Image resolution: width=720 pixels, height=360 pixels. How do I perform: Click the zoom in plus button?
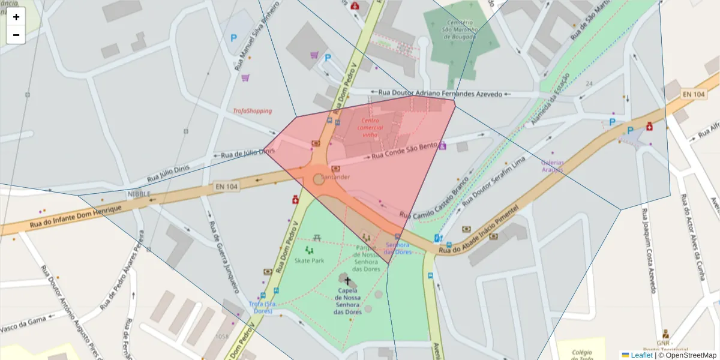click(16, 17)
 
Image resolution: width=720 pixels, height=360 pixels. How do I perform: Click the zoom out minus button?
click(16, 35)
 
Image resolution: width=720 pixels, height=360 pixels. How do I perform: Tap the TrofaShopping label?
click(252, 111)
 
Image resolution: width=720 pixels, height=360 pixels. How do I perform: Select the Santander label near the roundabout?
click(335, 178)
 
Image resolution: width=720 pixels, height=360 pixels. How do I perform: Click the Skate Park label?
click(309, 260)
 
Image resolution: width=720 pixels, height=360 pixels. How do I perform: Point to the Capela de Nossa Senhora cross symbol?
click(347, 281)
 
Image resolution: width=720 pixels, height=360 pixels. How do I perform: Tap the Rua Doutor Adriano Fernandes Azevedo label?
click(440, 94)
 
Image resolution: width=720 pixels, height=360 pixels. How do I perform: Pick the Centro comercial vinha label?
click(370, 127)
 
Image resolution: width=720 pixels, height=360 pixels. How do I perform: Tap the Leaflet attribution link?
click(641, 355)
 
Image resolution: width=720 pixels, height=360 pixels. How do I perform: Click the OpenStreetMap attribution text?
click(687, 355)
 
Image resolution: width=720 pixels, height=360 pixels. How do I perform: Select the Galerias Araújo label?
click(552, 166)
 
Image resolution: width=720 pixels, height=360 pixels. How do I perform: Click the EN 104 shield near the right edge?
click(693, 94)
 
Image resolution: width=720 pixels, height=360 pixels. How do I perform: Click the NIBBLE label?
click(139, 194)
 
